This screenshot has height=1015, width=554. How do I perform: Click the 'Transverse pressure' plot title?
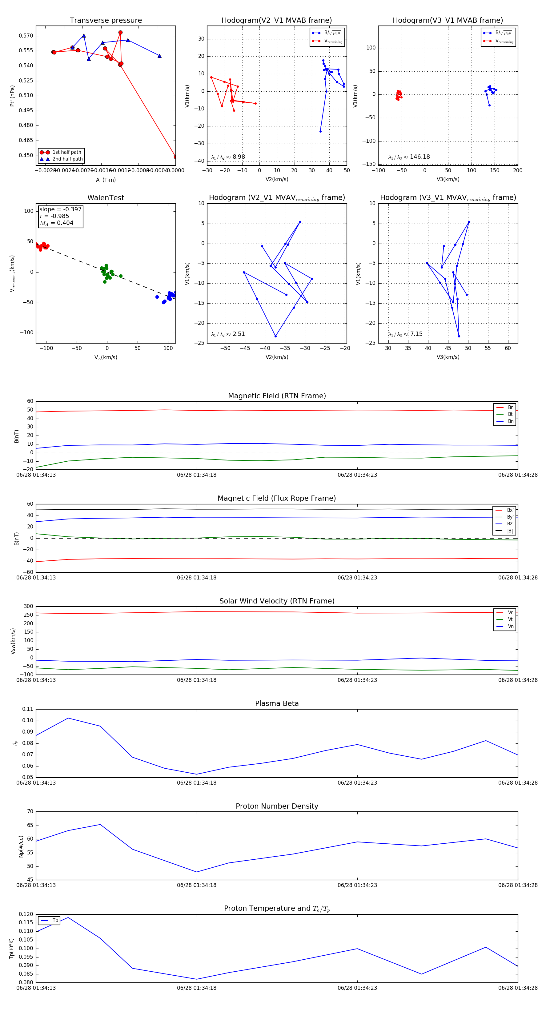(x=106, y=21)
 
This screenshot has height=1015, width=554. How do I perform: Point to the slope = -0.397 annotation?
(x=60, y=209)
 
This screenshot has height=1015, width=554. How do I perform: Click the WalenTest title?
(x=106, y=198)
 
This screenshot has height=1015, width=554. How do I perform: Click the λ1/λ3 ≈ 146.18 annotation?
(x=409, y=157)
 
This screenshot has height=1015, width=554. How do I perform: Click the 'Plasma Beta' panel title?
(x=277, y=704)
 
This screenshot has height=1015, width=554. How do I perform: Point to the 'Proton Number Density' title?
(x=277, y=806)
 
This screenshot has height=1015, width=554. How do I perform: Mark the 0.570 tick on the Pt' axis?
(x=26, y=36)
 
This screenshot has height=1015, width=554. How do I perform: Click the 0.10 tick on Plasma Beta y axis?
(x=28, y=721)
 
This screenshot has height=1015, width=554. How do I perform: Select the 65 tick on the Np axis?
(x=30, y=826)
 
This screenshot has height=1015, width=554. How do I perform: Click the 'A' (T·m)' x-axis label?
(x=106, y=180)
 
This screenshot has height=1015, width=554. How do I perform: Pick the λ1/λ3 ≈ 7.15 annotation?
(x=405, y=334)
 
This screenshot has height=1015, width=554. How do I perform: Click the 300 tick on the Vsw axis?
(x=28, y=607)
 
